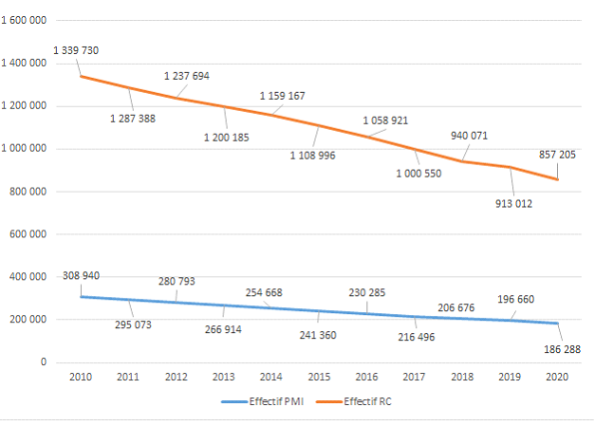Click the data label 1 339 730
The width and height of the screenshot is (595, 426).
77,49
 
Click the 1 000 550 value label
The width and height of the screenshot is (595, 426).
418,173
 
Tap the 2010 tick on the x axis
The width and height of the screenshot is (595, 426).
80,377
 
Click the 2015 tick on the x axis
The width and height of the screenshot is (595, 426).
319,377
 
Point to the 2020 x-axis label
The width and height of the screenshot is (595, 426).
558,377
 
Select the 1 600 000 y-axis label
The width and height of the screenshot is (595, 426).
27,21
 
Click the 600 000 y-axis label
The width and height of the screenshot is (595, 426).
32,234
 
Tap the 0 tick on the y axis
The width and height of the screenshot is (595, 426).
44,361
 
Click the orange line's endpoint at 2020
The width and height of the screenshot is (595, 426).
558,179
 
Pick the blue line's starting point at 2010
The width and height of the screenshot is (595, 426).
80,296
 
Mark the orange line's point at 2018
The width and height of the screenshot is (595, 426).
462,161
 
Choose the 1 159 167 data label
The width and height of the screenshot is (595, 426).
283,96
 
